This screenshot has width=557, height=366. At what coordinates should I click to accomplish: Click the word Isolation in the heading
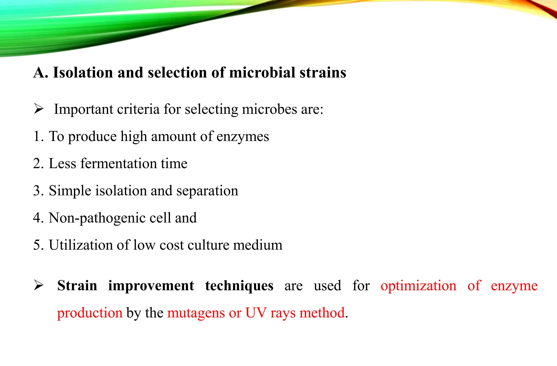click(83, 73)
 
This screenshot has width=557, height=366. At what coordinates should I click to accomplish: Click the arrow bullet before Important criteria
click(39, 109)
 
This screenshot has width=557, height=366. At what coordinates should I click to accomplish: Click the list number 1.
click(37, 136)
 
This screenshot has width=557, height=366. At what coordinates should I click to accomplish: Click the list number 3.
click(37, 191)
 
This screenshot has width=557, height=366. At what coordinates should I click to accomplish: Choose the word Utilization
click(81, 245)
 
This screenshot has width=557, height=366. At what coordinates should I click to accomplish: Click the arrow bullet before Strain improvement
click(39, 285)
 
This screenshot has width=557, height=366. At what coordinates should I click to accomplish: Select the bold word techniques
click(239, 286)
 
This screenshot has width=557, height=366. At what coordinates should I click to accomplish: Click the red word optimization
click(418, 286)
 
